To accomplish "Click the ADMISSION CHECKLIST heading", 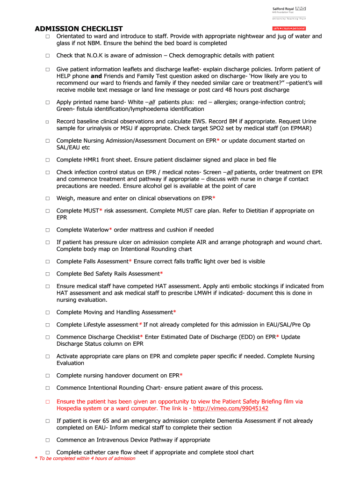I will pyautogui.click(x=79, y=29).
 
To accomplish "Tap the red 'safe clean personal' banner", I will pyautogui.click(x=289, y=29).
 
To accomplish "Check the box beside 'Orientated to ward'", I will pyautogui.click(x=47, y=36).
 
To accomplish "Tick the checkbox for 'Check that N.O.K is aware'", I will pyautogui.click(x=47, y=56).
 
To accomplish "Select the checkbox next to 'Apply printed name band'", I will pyautogui.click(x=47, y=102).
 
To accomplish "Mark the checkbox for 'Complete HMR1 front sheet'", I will pyautogui.click(x=47, y=160).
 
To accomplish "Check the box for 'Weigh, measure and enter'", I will pyautogui.click(x=47, y=198).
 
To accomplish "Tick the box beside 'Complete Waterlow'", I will pyautogui.click(x=47, y=230).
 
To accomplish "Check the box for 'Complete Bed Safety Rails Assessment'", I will pyautogui.click(x=47, y=274).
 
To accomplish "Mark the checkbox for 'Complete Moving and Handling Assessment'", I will pyautogui.click(x=47, y=312).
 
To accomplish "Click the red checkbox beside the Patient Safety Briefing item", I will pyautogui.click(x=47, y=402).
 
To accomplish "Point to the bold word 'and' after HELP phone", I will pyautogui.click(x=96, y=76).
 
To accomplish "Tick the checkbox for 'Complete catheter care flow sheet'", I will pyautogui.click(x=47, y=452).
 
